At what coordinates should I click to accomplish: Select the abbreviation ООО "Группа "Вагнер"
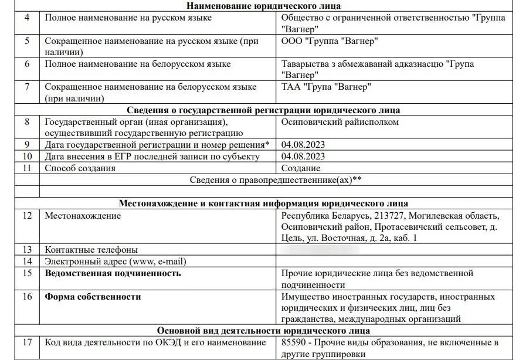coord(330,41)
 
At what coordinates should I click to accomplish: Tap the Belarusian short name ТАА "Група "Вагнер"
coord(327,87)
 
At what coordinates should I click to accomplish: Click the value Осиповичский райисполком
coord(340,122)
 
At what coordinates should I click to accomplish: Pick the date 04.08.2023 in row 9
coord(303,144)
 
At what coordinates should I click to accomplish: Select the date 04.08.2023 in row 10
coord(303,156)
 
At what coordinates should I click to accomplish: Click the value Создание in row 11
coord(301,168)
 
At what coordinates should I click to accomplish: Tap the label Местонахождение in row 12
coord(83,216)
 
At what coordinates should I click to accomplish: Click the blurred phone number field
coord(320,250)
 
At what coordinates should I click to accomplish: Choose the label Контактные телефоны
coord(91,250)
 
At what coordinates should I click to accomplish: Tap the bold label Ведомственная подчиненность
coord(113,273)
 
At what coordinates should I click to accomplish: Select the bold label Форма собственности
coord(93,297)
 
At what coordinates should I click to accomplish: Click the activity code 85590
coord(294,342)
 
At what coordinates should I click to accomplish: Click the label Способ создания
coord(80,168)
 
